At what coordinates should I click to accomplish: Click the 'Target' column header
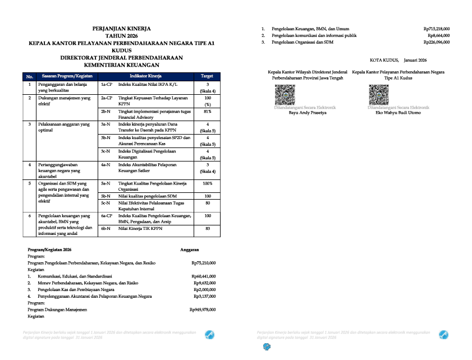pyautogui.click(x=207, y=76)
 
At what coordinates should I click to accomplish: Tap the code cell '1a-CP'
pyautogui.click(x=107, y=84)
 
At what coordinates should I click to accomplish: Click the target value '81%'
pyautogui.click(x=207, y=112)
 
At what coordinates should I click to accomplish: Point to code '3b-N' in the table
pyautogui.click(x=106, y=137)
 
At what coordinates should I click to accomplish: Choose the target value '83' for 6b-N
pyautogui.click(x=207, y=229)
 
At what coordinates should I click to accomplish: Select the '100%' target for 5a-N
pyautogui.click(x=207, y=183)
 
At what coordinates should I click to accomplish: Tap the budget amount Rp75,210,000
pyautogui.click(x=203, y=262)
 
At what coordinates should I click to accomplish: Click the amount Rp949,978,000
pyautogui.click(x=203, y=310)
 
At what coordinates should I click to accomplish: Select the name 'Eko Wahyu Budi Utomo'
pyautogui.click(x=398, y=112)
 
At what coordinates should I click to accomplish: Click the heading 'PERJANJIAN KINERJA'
pyautogui.click(x=122, y=28)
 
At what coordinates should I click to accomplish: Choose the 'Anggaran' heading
pyautogui.click(x=190, y=248)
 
